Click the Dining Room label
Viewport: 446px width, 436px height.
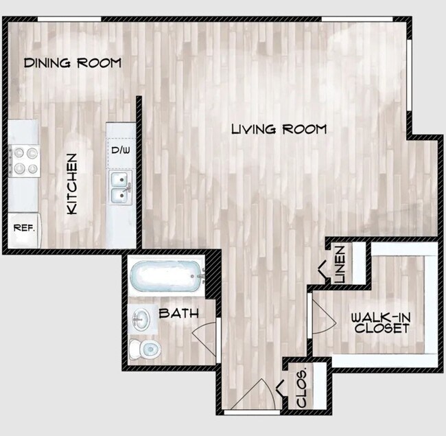(73, 62)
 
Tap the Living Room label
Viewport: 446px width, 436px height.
(279, 129)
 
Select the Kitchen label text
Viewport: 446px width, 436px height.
(72, 184)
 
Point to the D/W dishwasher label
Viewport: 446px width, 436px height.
(121, 150)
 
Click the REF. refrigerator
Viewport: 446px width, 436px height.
(25, 230)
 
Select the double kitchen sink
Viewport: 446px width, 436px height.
(121, 187)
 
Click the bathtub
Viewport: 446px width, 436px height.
(167, 276)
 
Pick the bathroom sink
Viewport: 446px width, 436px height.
(141, 319)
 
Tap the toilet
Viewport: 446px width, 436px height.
(145, 349)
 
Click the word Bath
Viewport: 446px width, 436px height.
(178, 313)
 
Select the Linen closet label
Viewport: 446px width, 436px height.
(340, 264)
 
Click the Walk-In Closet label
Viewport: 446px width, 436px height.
(381, 323)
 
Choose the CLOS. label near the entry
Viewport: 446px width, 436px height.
(301, 388)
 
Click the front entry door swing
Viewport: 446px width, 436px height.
(253, 394)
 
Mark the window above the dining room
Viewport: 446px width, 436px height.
(69, 19)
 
